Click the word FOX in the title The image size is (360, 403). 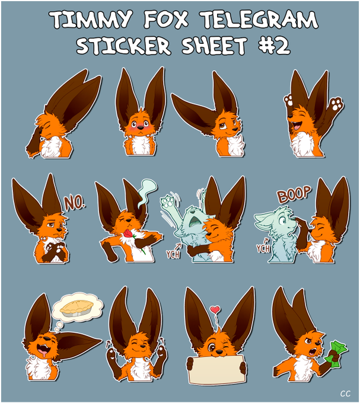[166, 20]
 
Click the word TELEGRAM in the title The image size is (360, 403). [259, 20]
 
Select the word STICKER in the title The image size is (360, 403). [123, 46]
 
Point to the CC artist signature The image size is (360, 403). [345, 394]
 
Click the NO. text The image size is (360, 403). [74, 203]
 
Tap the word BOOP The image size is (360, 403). [294, 195]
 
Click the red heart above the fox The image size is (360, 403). [215, 309]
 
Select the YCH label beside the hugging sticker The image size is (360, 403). [173, 254]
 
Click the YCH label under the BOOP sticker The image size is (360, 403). [263, 248]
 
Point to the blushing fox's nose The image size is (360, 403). [140, 127]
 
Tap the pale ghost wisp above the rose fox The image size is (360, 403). [146, 192]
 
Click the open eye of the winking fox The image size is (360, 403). [212, 348]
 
